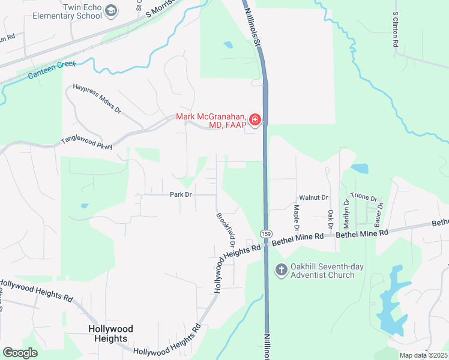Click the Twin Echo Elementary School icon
[111, 10]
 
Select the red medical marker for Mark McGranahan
[255, 120]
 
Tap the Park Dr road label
[180, 194]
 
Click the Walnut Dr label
[313, 197]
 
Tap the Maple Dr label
[296, 218]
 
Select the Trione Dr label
[364, 199]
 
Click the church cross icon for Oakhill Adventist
[280, 270]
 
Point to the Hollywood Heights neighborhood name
[110, 333]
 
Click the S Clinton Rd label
[395, 29]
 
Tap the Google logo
[20, 353]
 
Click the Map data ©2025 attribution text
[423, 355]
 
